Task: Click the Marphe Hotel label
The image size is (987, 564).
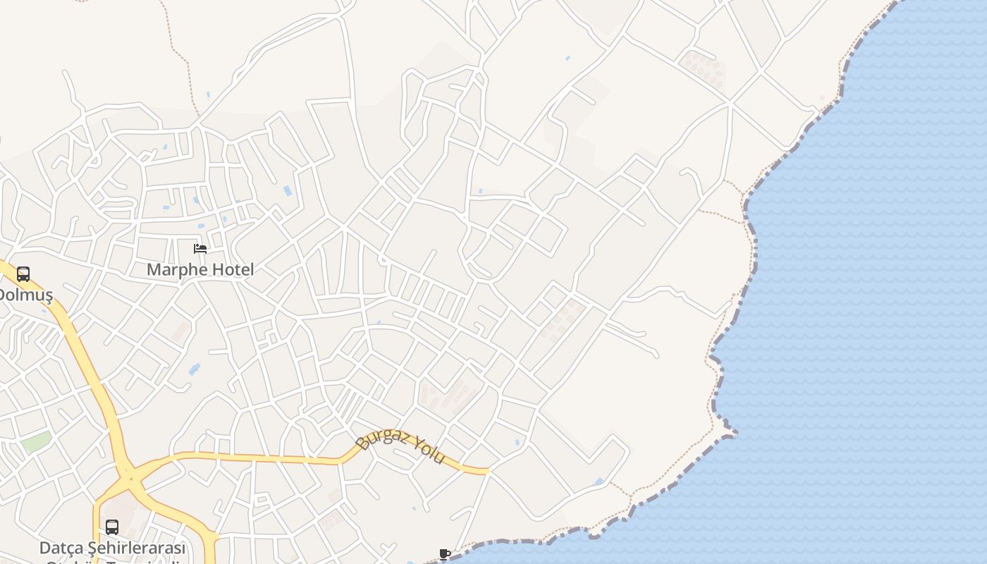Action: click(x=200, y=269)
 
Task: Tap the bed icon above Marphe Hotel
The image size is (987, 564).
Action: click(x=200, y=249)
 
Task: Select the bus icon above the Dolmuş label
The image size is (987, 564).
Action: click(x=23, y=274)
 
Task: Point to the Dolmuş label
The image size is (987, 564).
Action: click(x=25, y=295)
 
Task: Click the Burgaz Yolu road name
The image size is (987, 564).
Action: click(x=401, y=447)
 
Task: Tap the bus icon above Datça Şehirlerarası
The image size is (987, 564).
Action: click(x=112, y=527)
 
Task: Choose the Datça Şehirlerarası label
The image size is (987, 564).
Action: click(x=112, y=548)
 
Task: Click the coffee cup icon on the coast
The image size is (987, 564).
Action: click(x=444, y=554)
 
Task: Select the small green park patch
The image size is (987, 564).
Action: click(x=35, y=443)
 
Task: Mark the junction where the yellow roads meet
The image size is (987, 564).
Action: click(x=130, y=479)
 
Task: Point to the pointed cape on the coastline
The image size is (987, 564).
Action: click(x=733, y=432)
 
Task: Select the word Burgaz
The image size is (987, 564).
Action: click(x=383, y=438)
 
